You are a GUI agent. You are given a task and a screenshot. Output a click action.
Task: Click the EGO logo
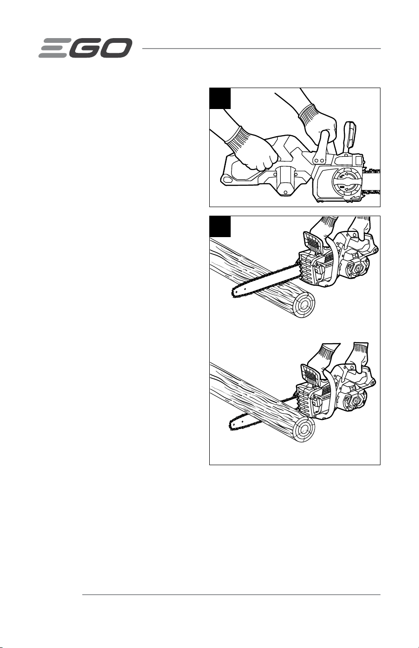pyautogui.click(x=86, y=48)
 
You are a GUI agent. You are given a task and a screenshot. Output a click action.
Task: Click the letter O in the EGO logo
pyautogui.click(x=115, y=48)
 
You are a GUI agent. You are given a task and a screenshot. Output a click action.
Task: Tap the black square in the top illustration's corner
pyautogui.click(x=220, y=99)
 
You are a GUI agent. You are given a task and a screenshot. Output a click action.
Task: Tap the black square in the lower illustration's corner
pyautogui.click(x=220, y=227)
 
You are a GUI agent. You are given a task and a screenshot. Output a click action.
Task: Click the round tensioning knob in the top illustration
pyautogui.click(x=346, y=183)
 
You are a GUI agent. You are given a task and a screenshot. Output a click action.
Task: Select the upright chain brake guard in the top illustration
pyautogui.click(x=350, y=135)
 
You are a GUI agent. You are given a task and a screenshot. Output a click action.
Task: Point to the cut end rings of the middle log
pyautogui.click(x=303, y=305)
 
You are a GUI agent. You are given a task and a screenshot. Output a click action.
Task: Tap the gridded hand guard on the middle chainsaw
pyautogui.click(x=313, y=242)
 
